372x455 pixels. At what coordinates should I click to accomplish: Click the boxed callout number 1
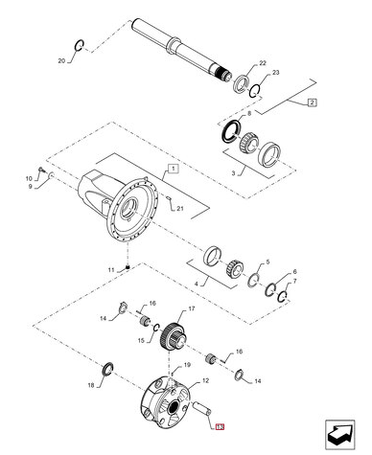click(x=173, y=169)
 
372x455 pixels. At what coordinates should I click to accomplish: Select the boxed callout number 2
click(x=313, y=102)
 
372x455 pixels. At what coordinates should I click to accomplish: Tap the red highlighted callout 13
click(x=221, y=427)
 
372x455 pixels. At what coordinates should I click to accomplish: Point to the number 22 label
click(x=263, y=63)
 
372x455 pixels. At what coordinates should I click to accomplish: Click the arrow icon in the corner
click(x=339, y=435)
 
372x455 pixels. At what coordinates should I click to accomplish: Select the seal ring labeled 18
click(x=107, y=369)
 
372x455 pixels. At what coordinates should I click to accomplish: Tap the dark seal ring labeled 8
click(x=229, y=131)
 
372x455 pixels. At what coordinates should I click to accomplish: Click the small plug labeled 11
click(x=128, y=267)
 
